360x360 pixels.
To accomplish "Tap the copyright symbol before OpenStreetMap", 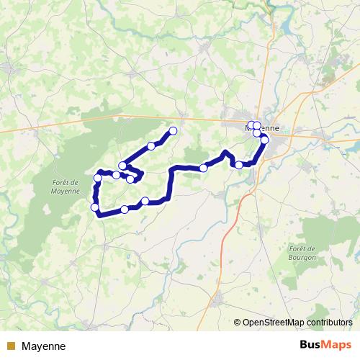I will (238, 323).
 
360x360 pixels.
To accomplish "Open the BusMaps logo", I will (325, 345).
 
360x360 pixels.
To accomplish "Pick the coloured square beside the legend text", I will (10, 346).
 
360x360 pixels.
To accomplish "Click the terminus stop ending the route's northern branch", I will (173, 130).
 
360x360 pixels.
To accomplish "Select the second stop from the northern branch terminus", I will (151, 146).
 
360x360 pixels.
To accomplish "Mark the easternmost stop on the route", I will (264, 140).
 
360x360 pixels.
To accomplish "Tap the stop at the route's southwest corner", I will (94, 208).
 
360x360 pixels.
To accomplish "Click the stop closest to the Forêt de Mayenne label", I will (98, 178).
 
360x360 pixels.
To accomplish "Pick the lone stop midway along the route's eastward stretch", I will (204, 168).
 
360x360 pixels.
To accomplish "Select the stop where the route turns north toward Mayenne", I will (239, 165).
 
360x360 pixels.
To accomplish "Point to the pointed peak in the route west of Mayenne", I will (226, 152).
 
